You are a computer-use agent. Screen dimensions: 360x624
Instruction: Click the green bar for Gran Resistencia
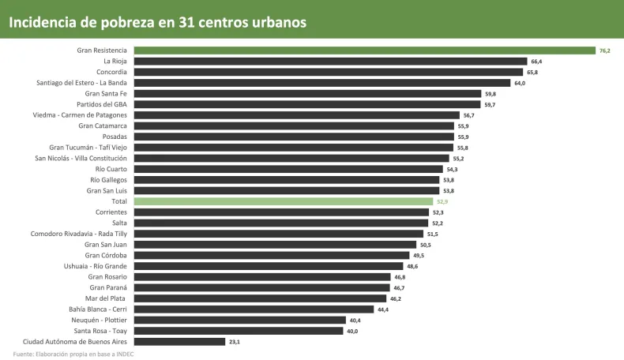pos(363,51)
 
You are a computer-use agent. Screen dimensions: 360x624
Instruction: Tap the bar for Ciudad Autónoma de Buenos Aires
pos(179,342)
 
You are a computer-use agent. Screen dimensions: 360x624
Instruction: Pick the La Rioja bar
pos(330,61)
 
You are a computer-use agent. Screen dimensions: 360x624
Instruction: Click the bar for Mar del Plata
pos(260,298)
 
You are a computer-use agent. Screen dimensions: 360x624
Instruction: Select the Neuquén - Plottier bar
pos(239,321)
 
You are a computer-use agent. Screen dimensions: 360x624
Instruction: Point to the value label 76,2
pos(605,51)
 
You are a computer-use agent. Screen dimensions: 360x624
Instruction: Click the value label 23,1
pos(234,342)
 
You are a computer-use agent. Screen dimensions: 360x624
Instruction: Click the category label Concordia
pos(111,72)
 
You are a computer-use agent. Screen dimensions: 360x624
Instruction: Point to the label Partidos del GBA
pos(102,104)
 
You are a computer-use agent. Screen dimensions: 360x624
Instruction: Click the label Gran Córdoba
pos(106,255)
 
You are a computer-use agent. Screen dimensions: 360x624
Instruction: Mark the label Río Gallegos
pos(108,180)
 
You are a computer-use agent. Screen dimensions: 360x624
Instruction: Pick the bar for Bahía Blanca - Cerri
pos(254,309)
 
